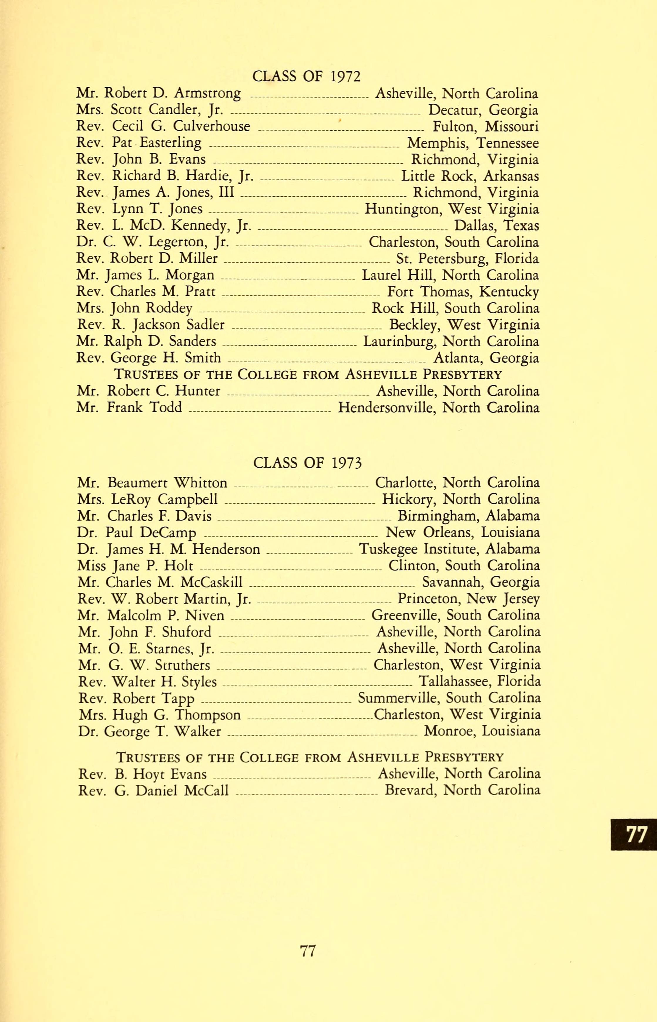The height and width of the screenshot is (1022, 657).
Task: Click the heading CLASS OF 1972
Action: click(306, 76)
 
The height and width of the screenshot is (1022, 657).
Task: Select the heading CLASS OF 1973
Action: click(307, 463)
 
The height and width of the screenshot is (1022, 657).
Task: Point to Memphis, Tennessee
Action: click(473, 143)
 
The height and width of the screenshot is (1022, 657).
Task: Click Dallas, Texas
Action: click(496, 225)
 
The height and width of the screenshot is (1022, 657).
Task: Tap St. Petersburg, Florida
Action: click(467, 258)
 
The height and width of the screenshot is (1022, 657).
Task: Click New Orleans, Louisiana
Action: click(463, 533)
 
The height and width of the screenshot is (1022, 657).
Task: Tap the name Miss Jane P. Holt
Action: click(135, 566)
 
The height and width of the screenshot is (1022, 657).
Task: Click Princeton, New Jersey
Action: click(468, 599)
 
